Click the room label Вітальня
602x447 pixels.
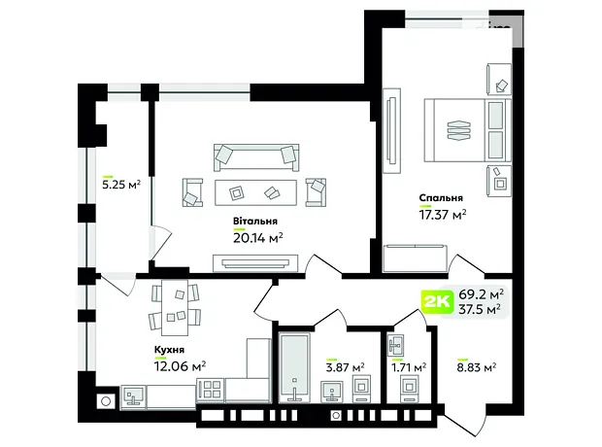click(255, 222)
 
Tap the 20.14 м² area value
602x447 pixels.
click(258, 238)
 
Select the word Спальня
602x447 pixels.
click(441, 198)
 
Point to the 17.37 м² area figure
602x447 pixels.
click(443, 215)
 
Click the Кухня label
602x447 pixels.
click(169, 350)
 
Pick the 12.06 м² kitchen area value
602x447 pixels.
click(180, 366)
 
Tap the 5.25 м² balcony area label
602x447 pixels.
click(121, 185)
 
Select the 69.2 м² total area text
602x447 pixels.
click(481, 294)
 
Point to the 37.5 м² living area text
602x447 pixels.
click(480, 309)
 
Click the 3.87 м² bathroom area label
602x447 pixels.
click(345, 367)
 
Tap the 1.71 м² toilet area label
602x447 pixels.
click(409, 368)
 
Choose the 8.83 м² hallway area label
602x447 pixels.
click(477, 367)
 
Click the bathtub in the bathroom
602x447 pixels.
click(294, 368)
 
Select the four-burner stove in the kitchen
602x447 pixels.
click(211, 390)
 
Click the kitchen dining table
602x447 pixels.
click(175, 307)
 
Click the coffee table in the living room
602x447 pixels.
click(255, 192)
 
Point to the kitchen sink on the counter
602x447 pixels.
click(133, 395)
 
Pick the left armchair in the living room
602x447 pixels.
click(192, 192)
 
